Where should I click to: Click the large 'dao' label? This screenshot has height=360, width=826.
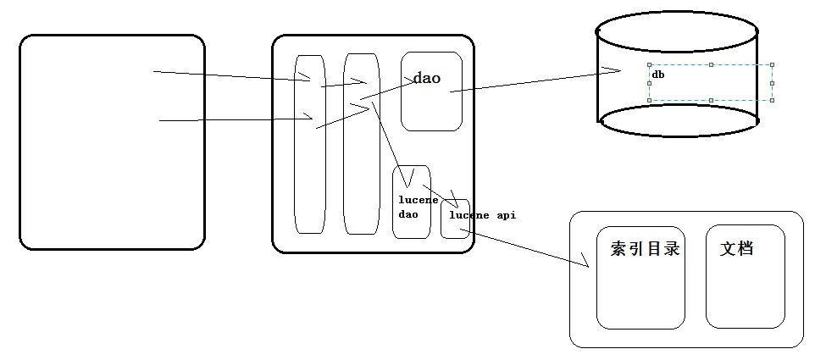coord(427,79)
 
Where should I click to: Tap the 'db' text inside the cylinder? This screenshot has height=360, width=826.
coord(658,75)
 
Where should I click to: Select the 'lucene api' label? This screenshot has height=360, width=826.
coord(483,215)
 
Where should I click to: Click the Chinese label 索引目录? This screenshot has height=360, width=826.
coord(646,249)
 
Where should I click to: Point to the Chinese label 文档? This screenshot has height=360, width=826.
coord(736,248)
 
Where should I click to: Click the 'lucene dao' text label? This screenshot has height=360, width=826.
coord(419,208)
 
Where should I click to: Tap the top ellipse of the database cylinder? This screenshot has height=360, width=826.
coord(677,31)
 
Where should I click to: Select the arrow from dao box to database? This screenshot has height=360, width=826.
coord(535,80)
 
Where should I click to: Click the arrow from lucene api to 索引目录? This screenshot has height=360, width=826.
coord(524,247)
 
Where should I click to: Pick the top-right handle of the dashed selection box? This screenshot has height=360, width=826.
coord(773,65)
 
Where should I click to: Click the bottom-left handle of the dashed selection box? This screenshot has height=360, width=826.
coord(650,100)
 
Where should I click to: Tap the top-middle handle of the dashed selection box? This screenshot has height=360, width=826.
coord(711,65)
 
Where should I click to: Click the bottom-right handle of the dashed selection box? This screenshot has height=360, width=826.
coord(773,100)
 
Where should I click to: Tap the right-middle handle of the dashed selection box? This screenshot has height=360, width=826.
coord(773,83)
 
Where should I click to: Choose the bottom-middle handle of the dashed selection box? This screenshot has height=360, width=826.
coord(711,100)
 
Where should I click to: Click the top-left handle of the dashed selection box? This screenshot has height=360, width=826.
coord(650,65)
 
